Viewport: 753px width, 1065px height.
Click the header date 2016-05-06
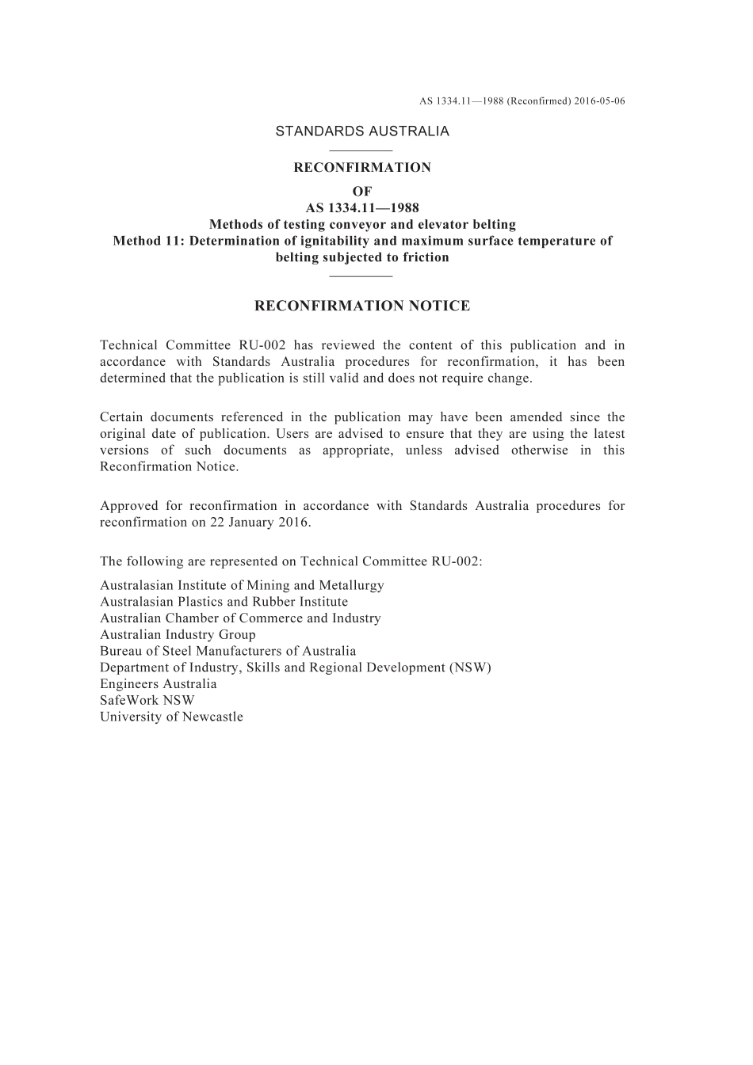pos(600,101)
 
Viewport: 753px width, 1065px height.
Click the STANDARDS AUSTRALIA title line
pos(362,131)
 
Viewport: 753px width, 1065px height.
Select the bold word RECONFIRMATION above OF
pos(362,168)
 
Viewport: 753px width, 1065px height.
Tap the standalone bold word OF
pos(362,192)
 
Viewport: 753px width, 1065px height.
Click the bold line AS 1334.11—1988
pos(362,208)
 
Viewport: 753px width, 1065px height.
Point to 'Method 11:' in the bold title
pos(148,241)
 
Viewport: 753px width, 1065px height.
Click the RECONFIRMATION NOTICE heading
pos(362,306)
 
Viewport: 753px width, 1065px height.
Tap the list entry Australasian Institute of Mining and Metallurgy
pos(242,585)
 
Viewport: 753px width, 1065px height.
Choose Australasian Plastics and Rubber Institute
pos(224,602)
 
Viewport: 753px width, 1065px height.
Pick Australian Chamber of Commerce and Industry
pos(240,618)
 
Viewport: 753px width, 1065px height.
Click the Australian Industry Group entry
pos(178,634)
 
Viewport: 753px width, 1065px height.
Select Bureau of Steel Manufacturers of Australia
pos(227,651)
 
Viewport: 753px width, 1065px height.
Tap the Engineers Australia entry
pos(158,684)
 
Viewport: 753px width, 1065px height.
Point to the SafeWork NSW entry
pos(147,700)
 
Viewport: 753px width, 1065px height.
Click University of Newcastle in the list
pos(171,717)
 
